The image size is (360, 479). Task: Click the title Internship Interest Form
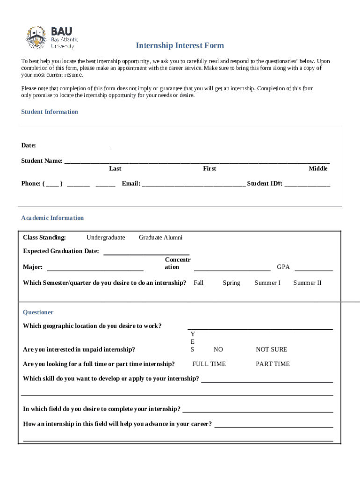(x=180, y=45)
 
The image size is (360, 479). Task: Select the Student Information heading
(x=50, y=112)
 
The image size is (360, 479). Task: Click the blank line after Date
(x=73, y=146)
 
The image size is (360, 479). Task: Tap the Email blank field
(x=193, y=184)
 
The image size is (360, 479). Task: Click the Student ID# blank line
(x=307, y=184)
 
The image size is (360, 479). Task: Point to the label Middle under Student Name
(x=318, y=168)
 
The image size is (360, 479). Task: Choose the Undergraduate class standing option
(x=106, y=238)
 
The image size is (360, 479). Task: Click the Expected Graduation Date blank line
(x=146, y=252)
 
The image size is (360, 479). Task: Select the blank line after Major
(x=95, y=268)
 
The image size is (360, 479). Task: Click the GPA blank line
(x=313, y=268)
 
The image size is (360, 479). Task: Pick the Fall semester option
(x=198, y=283)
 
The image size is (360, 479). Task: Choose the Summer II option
(x=307, y=283)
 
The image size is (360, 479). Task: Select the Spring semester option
(x=231, y=283)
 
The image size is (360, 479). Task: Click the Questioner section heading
(x=38, y=312)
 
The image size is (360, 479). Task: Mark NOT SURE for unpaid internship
(x=271, y=349)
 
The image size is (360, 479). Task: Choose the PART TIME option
(x=273, y=364)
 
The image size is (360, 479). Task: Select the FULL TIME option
(x=209, y=364)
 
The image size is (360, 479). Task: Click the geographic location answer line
(x=260, y=327)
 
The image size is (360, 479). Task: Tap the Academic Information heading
(x=52, y=218)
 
